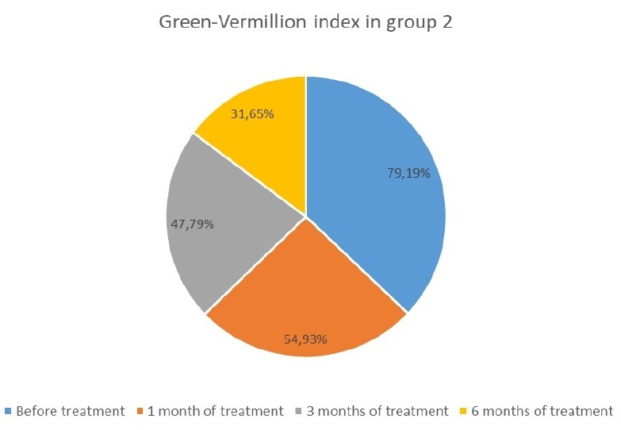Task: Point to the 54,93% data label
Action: click(x=306, y=339)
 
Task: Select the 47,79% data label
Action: click(x=193, y=224)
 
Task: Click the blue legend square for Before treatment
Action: click(x=8, y=411)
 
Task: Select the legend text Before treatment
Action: click(x=70, y=411)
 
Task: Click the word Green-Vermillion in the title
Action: click(x=220, y=23)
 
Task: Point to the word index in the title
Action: click(x=324, y=23)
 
